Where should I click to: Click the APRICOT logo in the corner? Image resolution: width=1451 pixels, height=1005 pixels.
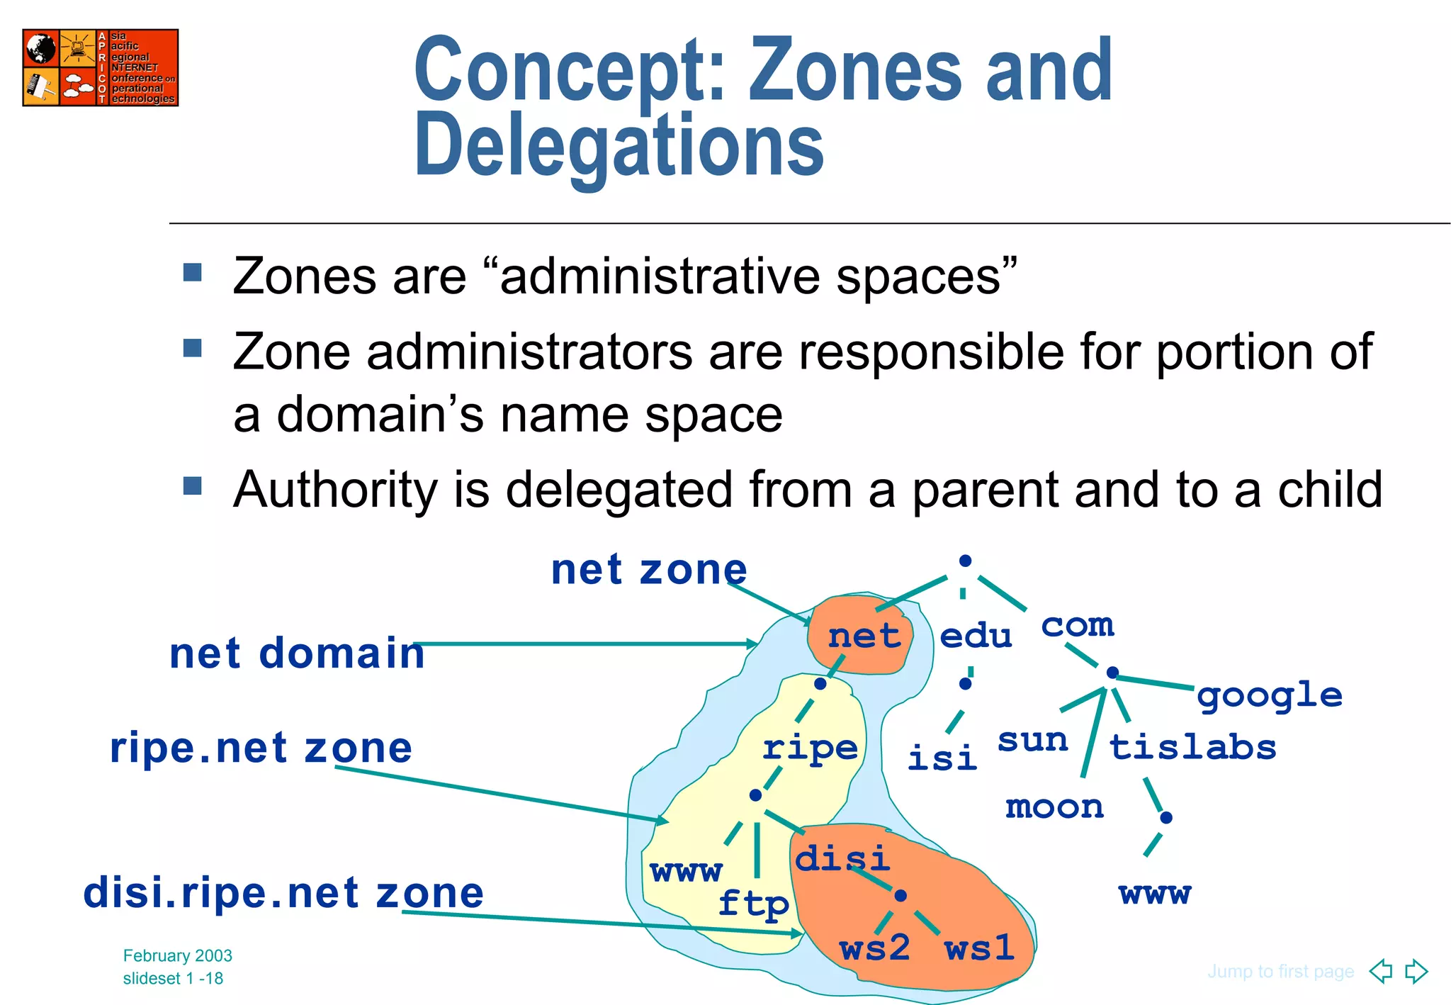(100, 67)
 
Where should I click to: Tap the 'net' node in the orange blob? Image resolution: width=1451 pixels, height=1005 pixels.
(864, 636)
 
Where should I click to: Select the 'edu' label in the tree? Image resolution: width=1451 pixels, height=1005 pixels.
(976, 636)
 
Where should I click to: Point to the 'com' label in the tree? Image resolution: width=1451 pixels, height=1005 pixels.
(1077, 625)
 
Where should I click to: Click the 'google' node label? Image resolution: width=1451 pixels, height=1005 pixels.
(1270, 696)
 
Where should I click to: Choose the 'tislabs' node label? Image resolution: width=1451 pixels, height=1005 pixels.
(1192, 748)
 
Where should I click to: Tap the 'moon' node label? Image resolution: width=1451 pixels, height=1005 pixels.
(1054, 807)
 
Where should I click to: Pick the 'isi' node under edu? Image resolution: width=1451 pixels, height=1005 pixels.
(942, 758)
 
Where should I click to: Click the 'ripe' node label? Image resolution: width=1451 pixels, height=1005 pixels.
(810, 748)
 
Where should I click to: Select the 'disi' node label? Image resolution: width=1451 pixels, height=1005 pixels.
(842, 859)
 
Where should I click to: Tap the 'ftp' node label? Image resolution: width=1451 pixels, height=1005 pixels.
(753, 904)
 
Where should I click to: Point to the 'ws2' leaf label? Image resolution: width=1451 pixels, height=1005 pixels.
(874, 948)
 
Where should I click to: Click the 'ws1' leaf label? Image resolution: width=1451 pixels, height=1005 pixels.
(979, 948)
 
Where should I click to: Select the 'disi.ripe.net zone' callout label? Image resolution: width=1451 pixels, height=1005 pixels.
(283, 892)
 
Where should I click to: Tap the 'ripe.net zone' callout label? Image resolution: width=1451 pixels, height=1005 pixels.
(261, 748)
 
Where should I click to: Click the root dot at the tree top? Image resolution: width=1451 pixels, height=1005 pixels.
(965, 561)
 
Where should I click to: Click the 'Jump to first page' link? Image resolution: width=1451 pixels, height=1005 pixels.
(1280, 971)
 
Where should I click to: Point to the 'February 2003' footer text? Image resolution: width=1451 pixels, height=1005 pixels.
(178, 955)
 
